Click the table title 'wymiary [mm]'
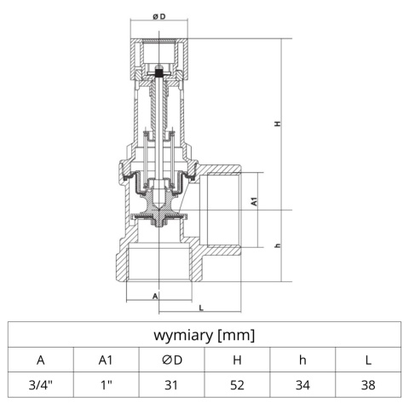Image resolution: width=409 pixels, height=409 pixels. tap(204, 335)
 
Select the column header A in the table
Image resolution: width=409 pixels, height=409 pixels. tap(40, 360)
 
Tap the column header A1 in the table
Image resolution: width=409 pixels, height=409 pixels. tap(106, 360)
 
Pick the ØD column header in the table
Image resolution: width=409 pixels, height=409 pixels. tap(171, 360)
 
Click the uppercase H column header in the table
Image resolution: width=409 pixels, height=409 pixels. tap(237, 360)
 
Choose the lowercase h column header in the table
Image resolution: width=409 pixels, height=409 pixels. tap(302, 360)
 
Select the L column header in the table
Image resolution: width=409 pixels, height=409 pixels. tap(368, 360)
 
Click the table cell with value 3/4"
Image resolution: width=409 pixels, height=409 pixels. tap(40, 385)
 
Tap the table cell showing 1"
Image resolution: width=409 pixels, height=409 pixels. tap(106, 385)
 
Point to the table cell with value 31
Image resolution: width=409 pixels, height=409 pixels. tap(171, 385)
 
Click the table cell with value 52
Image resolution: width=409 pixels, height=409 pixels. tap(237, 385)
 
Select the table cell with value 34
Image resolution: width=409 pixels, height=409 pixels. tap(302, 385)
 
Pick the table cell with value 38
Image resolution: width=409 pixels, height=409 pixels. tap(368, 385)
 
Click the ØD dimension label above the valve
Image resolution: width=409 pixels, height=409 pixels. tap(158, 17)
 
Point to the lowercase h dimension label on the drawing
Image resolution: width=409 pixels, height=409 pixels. tap(278, 247)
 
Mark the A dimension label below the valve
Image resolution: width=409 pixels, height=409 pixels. tap(154, 296)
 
